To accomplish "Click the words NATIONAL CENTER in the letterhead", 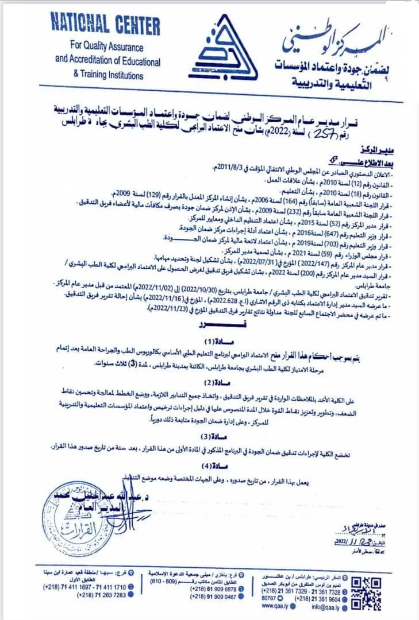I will point(105,25).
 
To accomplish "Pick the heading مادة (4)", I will point(212,467).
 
